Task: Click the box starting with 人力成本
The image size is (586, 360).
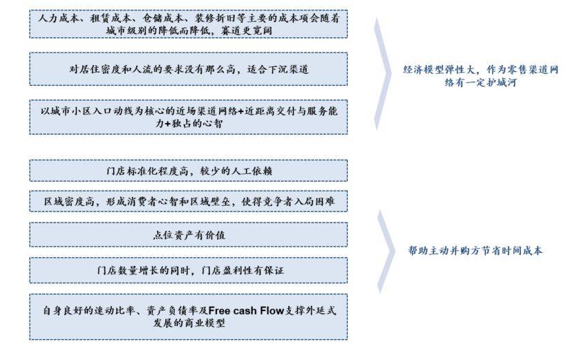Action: pos(188,24)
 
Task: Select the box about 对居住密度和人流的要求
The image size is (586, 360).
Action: pos(188,68)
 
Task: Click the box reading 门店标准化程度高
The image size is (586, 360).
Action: pos(188,170)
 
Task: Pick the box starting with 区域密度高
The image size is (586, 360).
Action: pos(188,201)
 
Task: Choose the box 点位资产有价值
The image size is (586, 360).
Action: pos(188,234)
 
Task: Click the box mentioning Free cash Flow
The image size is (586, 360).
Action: pos(188,316)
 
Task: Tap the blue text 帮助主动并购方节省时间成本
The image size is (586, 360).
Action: pos(475,251)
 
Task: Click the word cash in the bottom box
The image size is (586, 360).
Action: pos(247,310)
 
